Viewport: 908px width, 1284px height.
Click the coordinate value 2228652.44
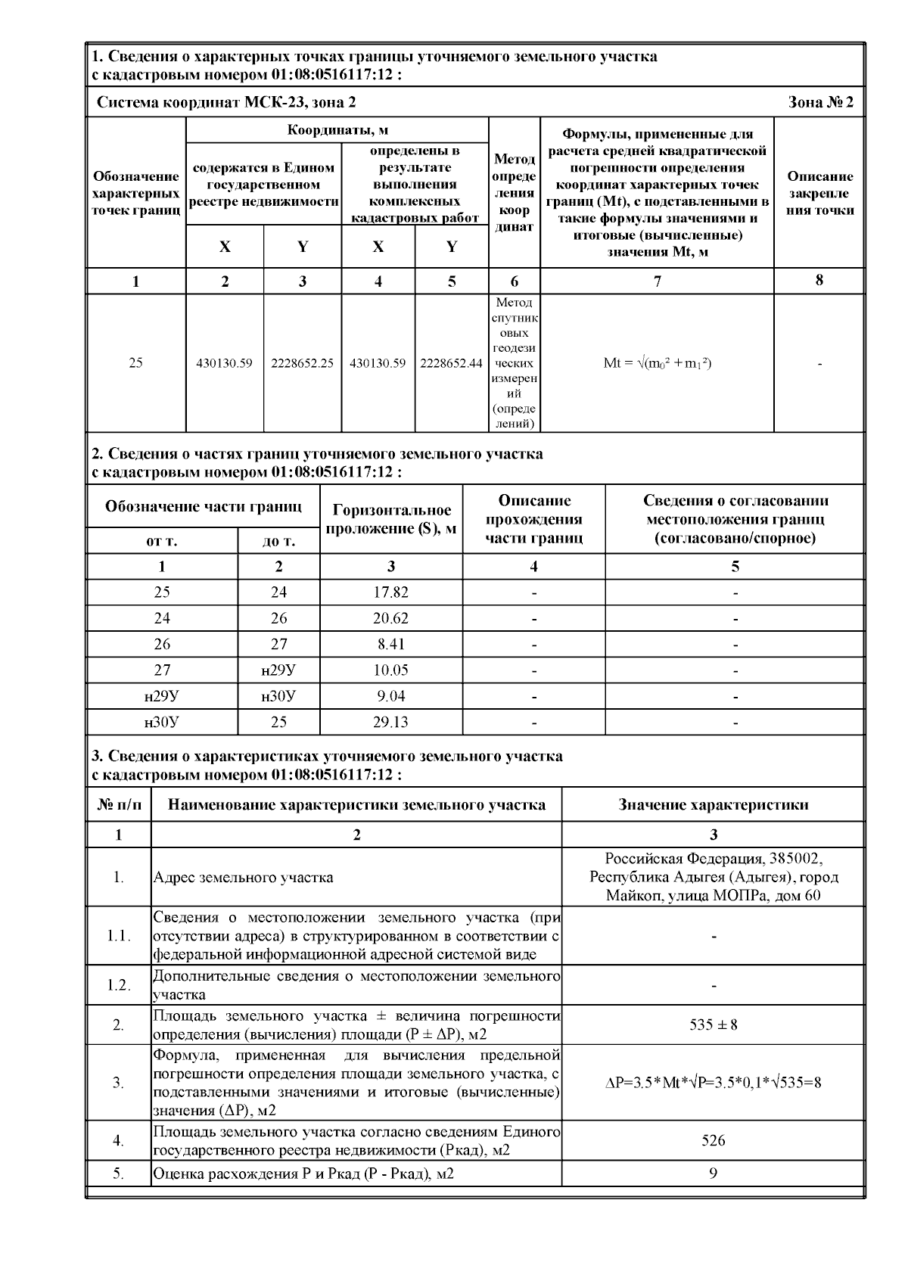pyautogui.click(x=451, y=363)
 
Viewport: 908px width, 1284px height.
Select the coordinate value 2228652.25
pyautogui.click(x=303, y=363)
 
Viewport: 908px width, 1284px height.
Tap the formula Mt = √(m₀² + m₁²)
pyautogui.click(x=657, y=363)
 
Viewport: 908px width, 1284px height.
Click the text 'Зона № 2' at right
pyautogui.click(x=821, y=102)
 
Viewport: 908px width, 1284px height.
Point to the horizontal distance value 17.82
pyautogui.click(x=390, y=592)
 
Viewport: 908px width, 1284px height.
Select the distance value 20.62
pyautogui.click(x=390, y=618)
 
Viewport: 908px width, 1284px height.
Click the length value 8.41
pyautogui.click(x=390, y=645)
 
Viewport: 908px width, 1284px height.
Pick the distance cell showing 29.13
pyautogui.click(x=390, y=722)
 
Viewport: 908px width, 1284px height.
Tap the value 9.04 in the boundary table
pyautogui.click(x=390, y=696)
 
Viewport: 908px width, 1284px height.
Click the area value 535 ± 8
pyautogui.click(x=713, y=1025)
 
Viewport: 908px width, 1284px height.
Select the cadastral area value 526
pyautogui.click(x=713, y=1140)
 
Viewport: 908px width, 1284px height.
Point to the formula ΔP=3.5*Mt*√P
pyautogui.click(x=713, y=1083)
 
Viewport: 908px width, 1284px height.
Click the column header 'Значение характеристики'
pyautogui.click(x=713, y=804)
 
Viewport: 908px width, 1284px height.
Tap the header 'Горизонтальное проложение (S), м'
pyautogui.click(x=391, y=519)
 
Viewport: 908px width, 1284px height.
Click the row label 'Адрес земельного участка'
pyautogui.click(x=243, y=878)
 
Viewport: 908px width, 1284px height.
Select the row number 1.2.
pyautogui.click(x=119, y=985)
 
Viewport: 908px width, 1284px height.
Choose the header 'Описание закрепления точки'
pyautogui.click(x=820, y=193)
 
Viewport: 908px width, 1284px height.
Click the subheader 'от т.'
pyautogui.click(x=162, y=541)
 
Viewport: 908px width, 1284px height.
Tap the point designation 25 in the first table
pyautogui.click(x=135, y=363)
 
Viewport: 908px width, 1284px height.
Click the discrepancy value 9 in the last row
pyautogui.click(x=713, y=1174)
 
